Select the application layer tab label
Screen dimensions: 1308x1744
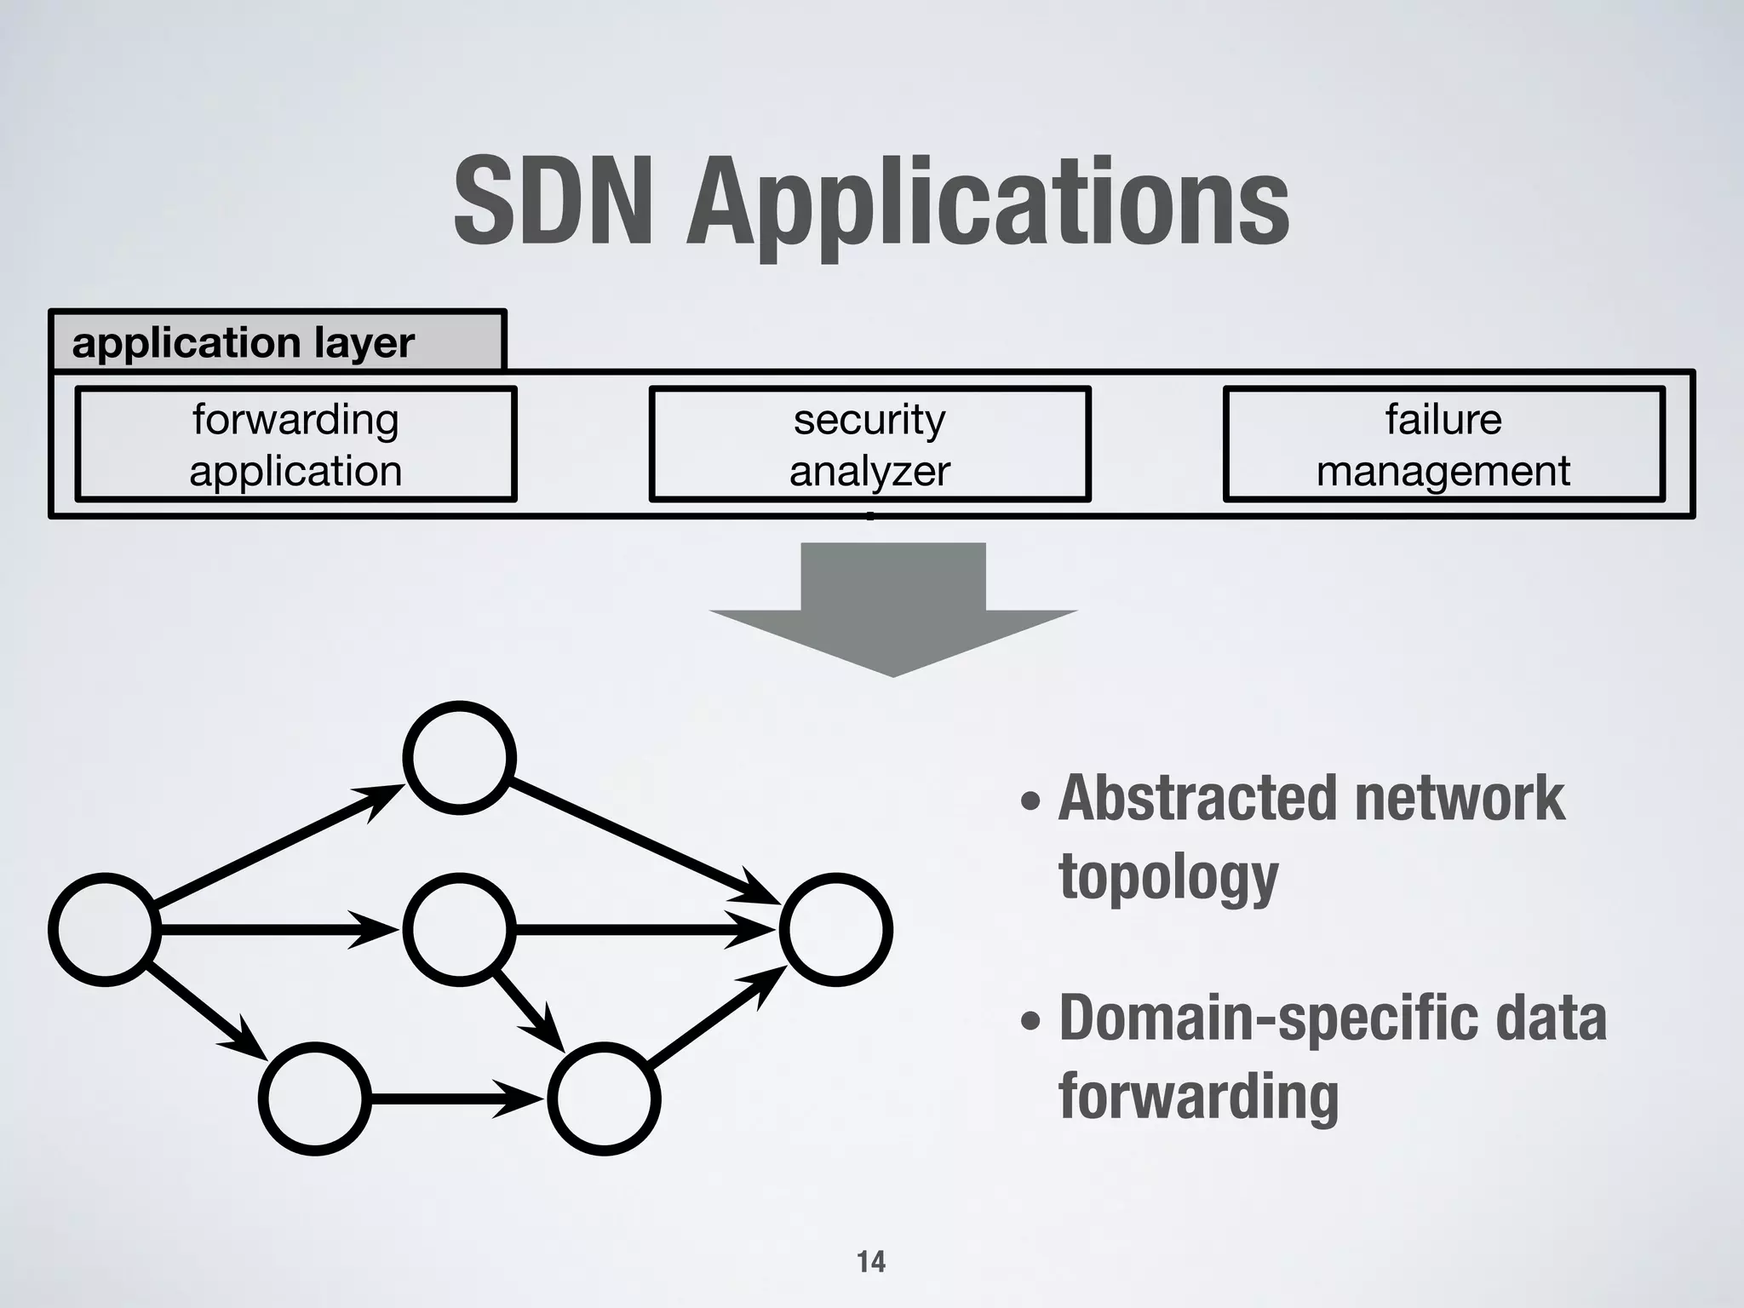[244, 342]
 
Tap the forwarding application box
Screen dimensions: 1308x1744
[295, 444]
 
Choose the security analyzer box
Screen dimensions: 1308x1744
[869, 444]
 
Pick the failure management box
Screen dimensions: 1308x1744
[1443, 444]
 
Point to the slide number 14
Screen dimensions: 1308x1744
[871, 1261]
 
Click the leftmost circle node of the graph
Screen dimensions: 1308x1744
[105, 929]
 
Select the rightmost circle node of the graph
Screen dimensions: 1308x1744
[835, 929]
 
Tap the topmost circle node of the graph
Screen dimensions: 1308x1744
[459, 758]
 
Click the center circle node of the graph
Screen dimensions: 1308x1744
[459, 929]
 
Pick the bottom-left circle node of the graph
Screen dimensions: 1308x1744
[315, 1099]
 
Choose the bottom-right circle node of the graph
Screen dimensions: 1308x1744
[604, 1099]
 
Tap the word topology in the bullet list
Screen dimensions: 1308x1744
[1167, 877]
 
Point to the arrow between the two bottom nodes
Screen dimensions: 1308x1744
[456, 1099]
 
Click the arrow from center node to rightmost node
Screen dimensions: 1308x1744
[643, 929]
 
